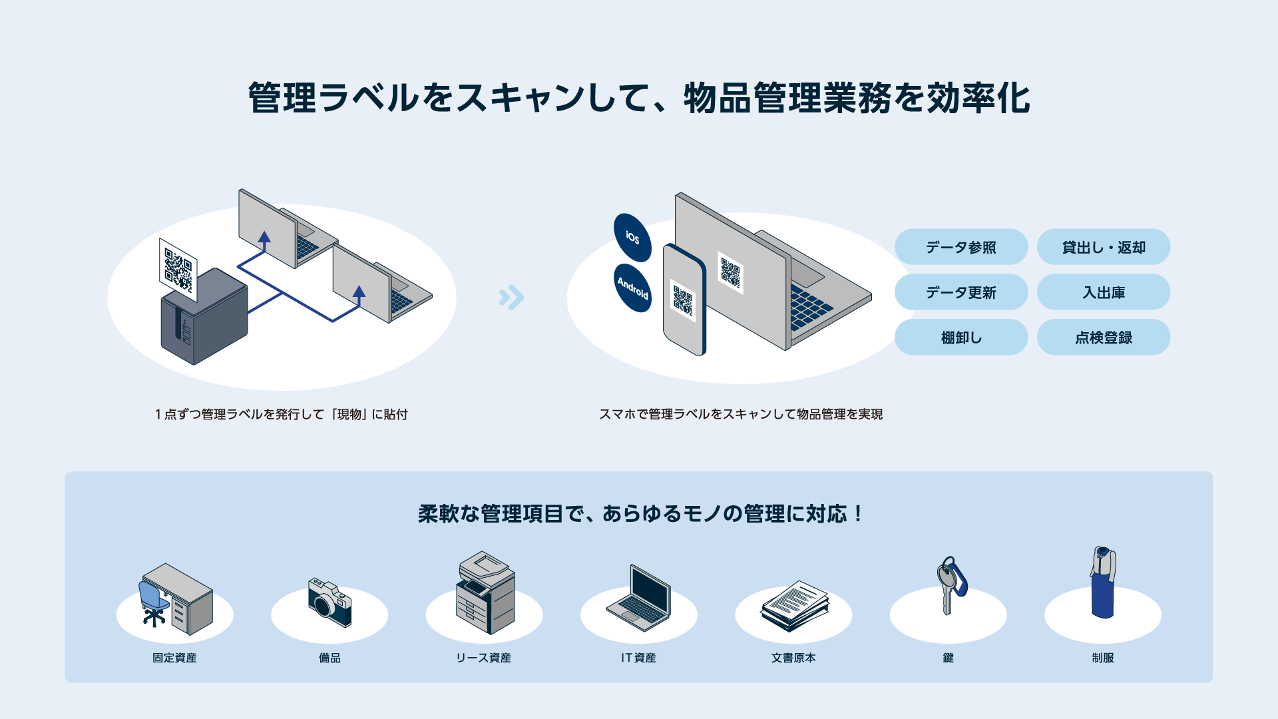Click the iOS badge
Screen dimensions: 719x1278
coord(632,238)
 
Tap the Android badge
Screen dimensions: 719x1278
coord(632,288)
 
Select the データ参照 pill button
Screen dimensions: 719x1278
coord(960,247)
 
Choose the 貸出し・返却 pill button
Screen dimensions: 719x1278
coord(1103,247)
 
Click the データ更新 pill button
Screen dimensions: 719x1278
coord(960,292)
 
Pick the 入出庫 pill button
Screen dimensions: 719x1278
coord(1103,292)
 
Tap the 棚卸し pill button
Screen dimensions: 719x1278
coord(960,338)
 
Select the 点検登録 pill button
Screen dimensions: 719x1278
coord(1103,338)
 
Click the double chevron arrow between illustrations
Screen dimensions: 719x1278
coord(511,298)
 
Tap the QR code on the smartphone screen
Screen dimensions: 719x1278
coord(683,300)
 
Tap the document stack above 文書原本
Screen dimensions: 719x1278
coord(795,605)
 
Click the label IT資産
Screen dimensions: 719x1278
coord(638,658)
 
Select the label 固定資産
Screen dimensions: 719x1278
coord(174,658)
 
